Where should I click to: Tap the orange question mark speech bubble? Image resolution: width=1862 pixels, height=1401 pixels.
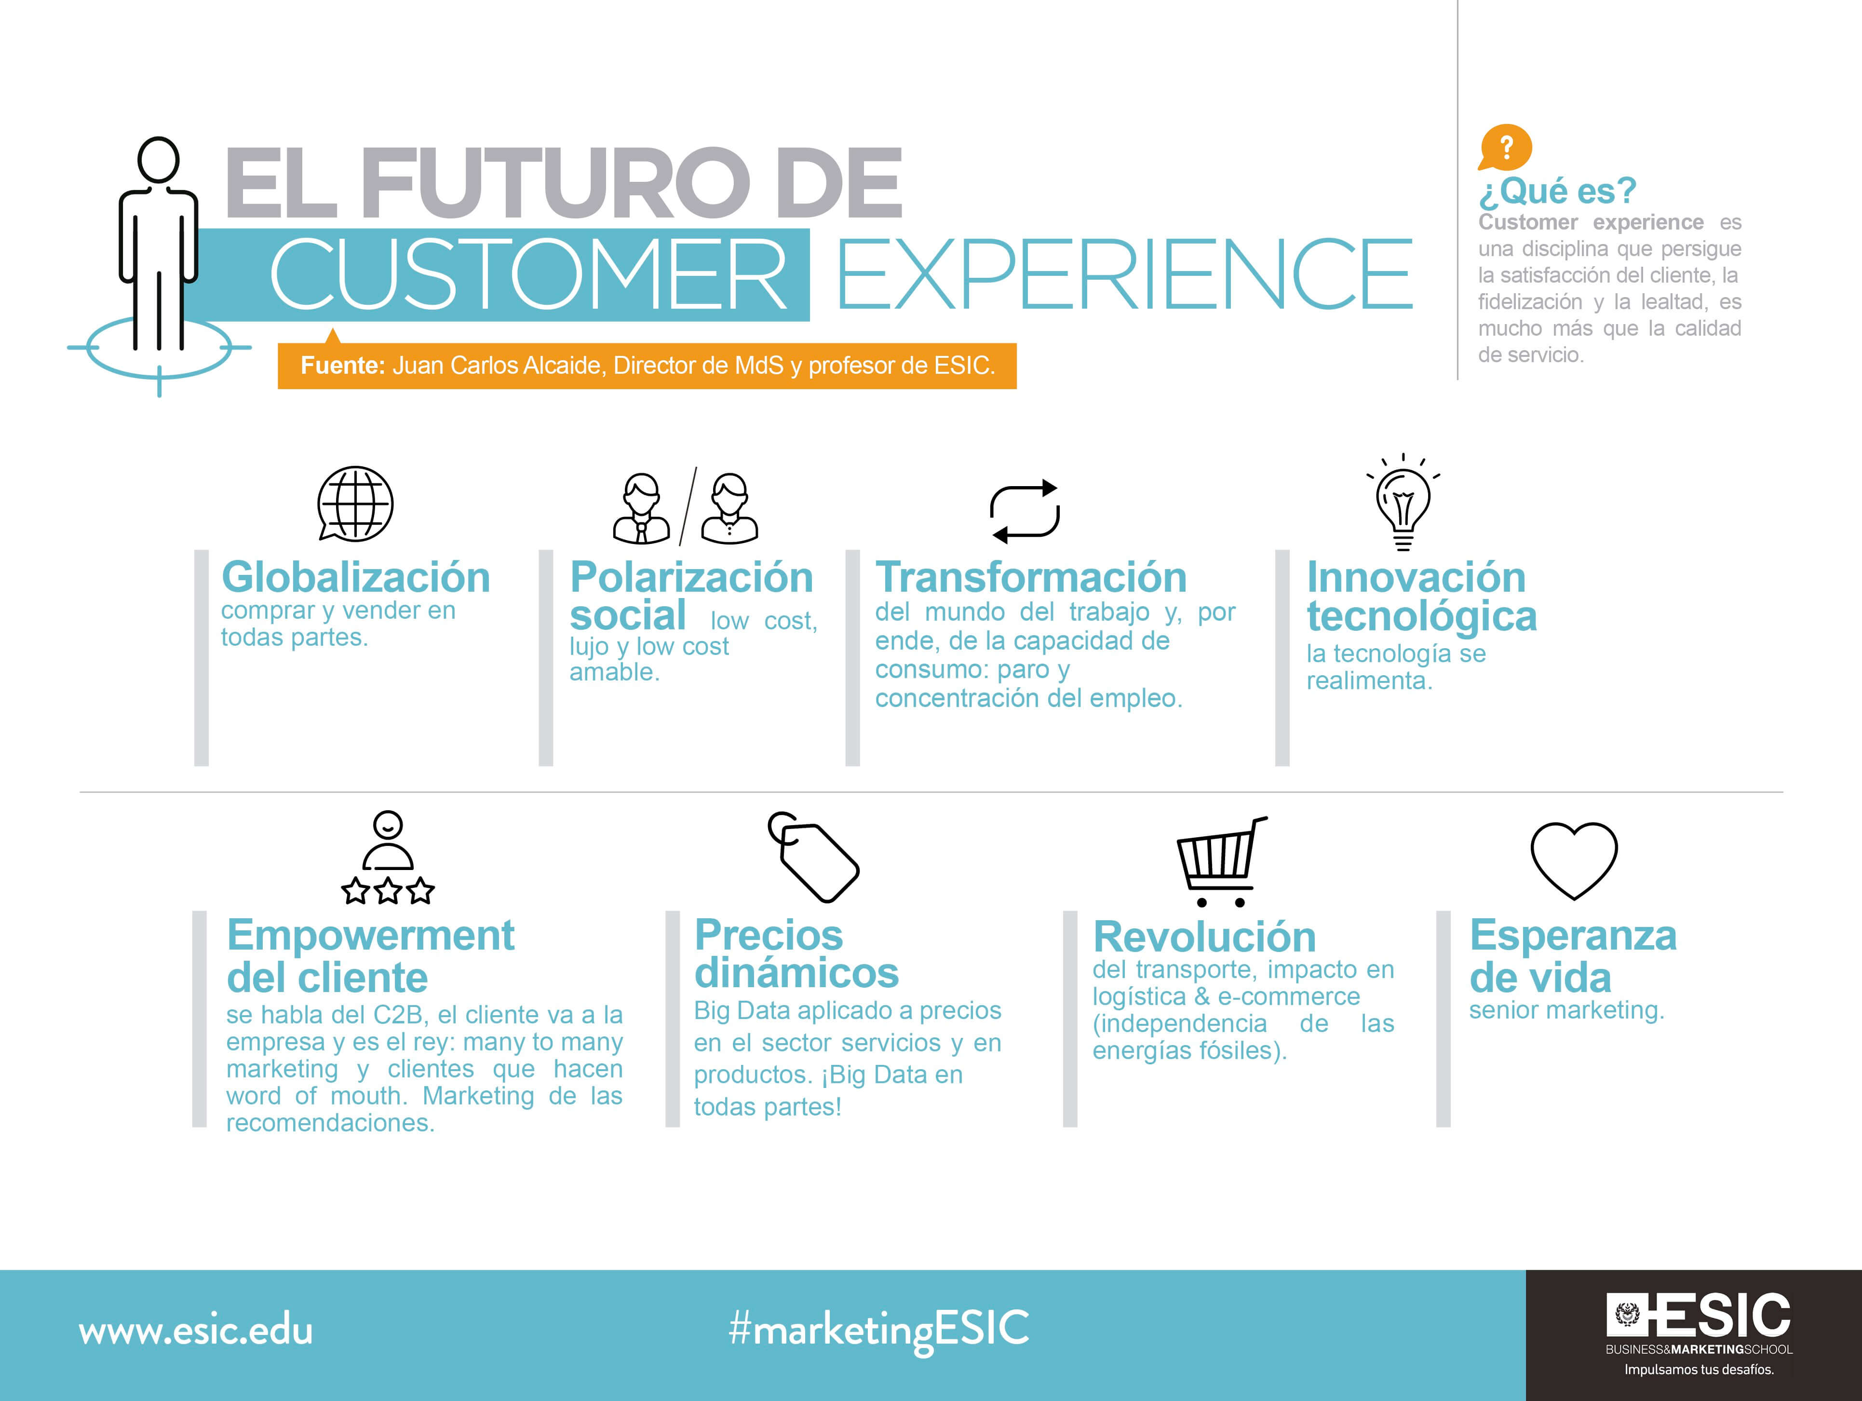tap(1505, 148)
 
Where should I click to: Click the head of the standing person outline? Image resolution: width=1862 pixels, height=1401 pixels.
tap(158, 159)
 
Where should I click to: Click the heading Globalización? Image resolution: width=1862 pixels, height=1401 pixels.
tap(355, 578)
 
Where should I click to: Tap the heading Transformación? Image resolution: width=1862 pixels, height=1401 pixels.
tap(1030, 578)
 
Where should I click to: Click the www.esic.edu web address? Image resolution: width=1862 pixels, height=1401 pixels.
tap(195, 1331)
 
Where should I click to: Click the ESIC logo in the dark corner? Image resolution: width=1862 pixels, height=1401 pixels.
tap(1699, 1317)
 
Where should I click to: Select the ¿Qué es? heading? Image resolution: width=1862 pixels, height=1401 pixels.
tap(1557, 191)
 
